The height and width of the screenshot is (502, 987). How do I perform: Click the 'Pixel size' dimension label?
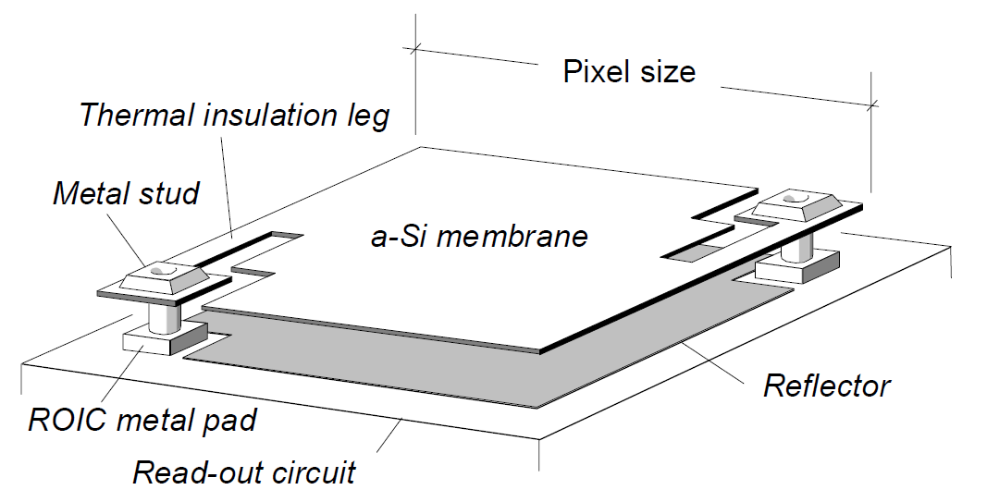coord(629,71)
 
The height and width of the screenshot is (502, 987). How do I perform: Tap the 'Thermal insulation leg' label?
coord(234,116)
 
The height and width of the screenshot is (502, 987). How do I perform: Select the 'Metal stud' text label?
coord(126,193)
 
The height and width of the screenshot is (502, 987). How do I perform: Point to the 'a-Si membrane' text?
coord(479,236)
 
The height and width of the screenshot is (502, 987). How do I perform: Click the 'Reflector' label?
coord(826,386)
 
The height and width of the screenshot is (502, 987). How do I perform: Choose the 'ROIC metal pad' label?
coord(142,420)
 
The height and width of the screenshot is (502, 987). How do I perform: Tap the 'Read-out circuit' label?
coord(243,472)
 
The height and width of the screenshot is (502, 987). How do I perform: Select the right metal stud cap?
coord(795,206)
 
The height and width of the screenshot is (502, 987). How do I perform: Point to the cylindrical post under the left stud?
coord(166,318)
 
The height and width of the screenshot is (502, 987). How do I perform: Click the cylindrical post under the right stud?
coord(795,246)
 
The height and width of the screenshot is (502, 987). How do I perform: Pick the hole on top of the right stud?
coord(796,198)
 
